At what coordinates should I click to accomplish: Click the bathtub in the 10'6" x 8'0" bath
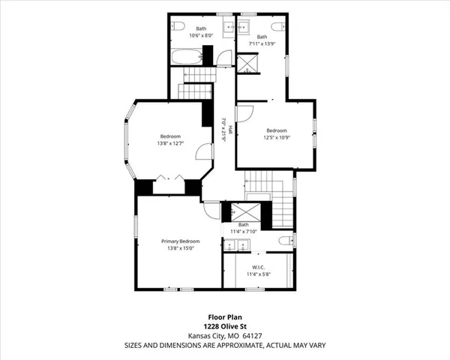(x=184, y=55)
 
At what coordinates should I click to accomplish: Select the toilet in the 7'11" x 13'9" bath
(x=279, y=27)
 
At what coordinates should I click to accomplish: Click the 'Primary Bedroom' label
(x=181, y=241)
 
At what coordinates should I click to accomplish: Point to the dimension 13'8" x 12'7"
(x=170, y=143)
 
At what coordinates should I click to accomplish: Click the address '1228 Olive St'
(x=225, y=326)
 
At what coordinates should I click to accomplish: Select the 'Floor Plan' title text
(x=225, y=317)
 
